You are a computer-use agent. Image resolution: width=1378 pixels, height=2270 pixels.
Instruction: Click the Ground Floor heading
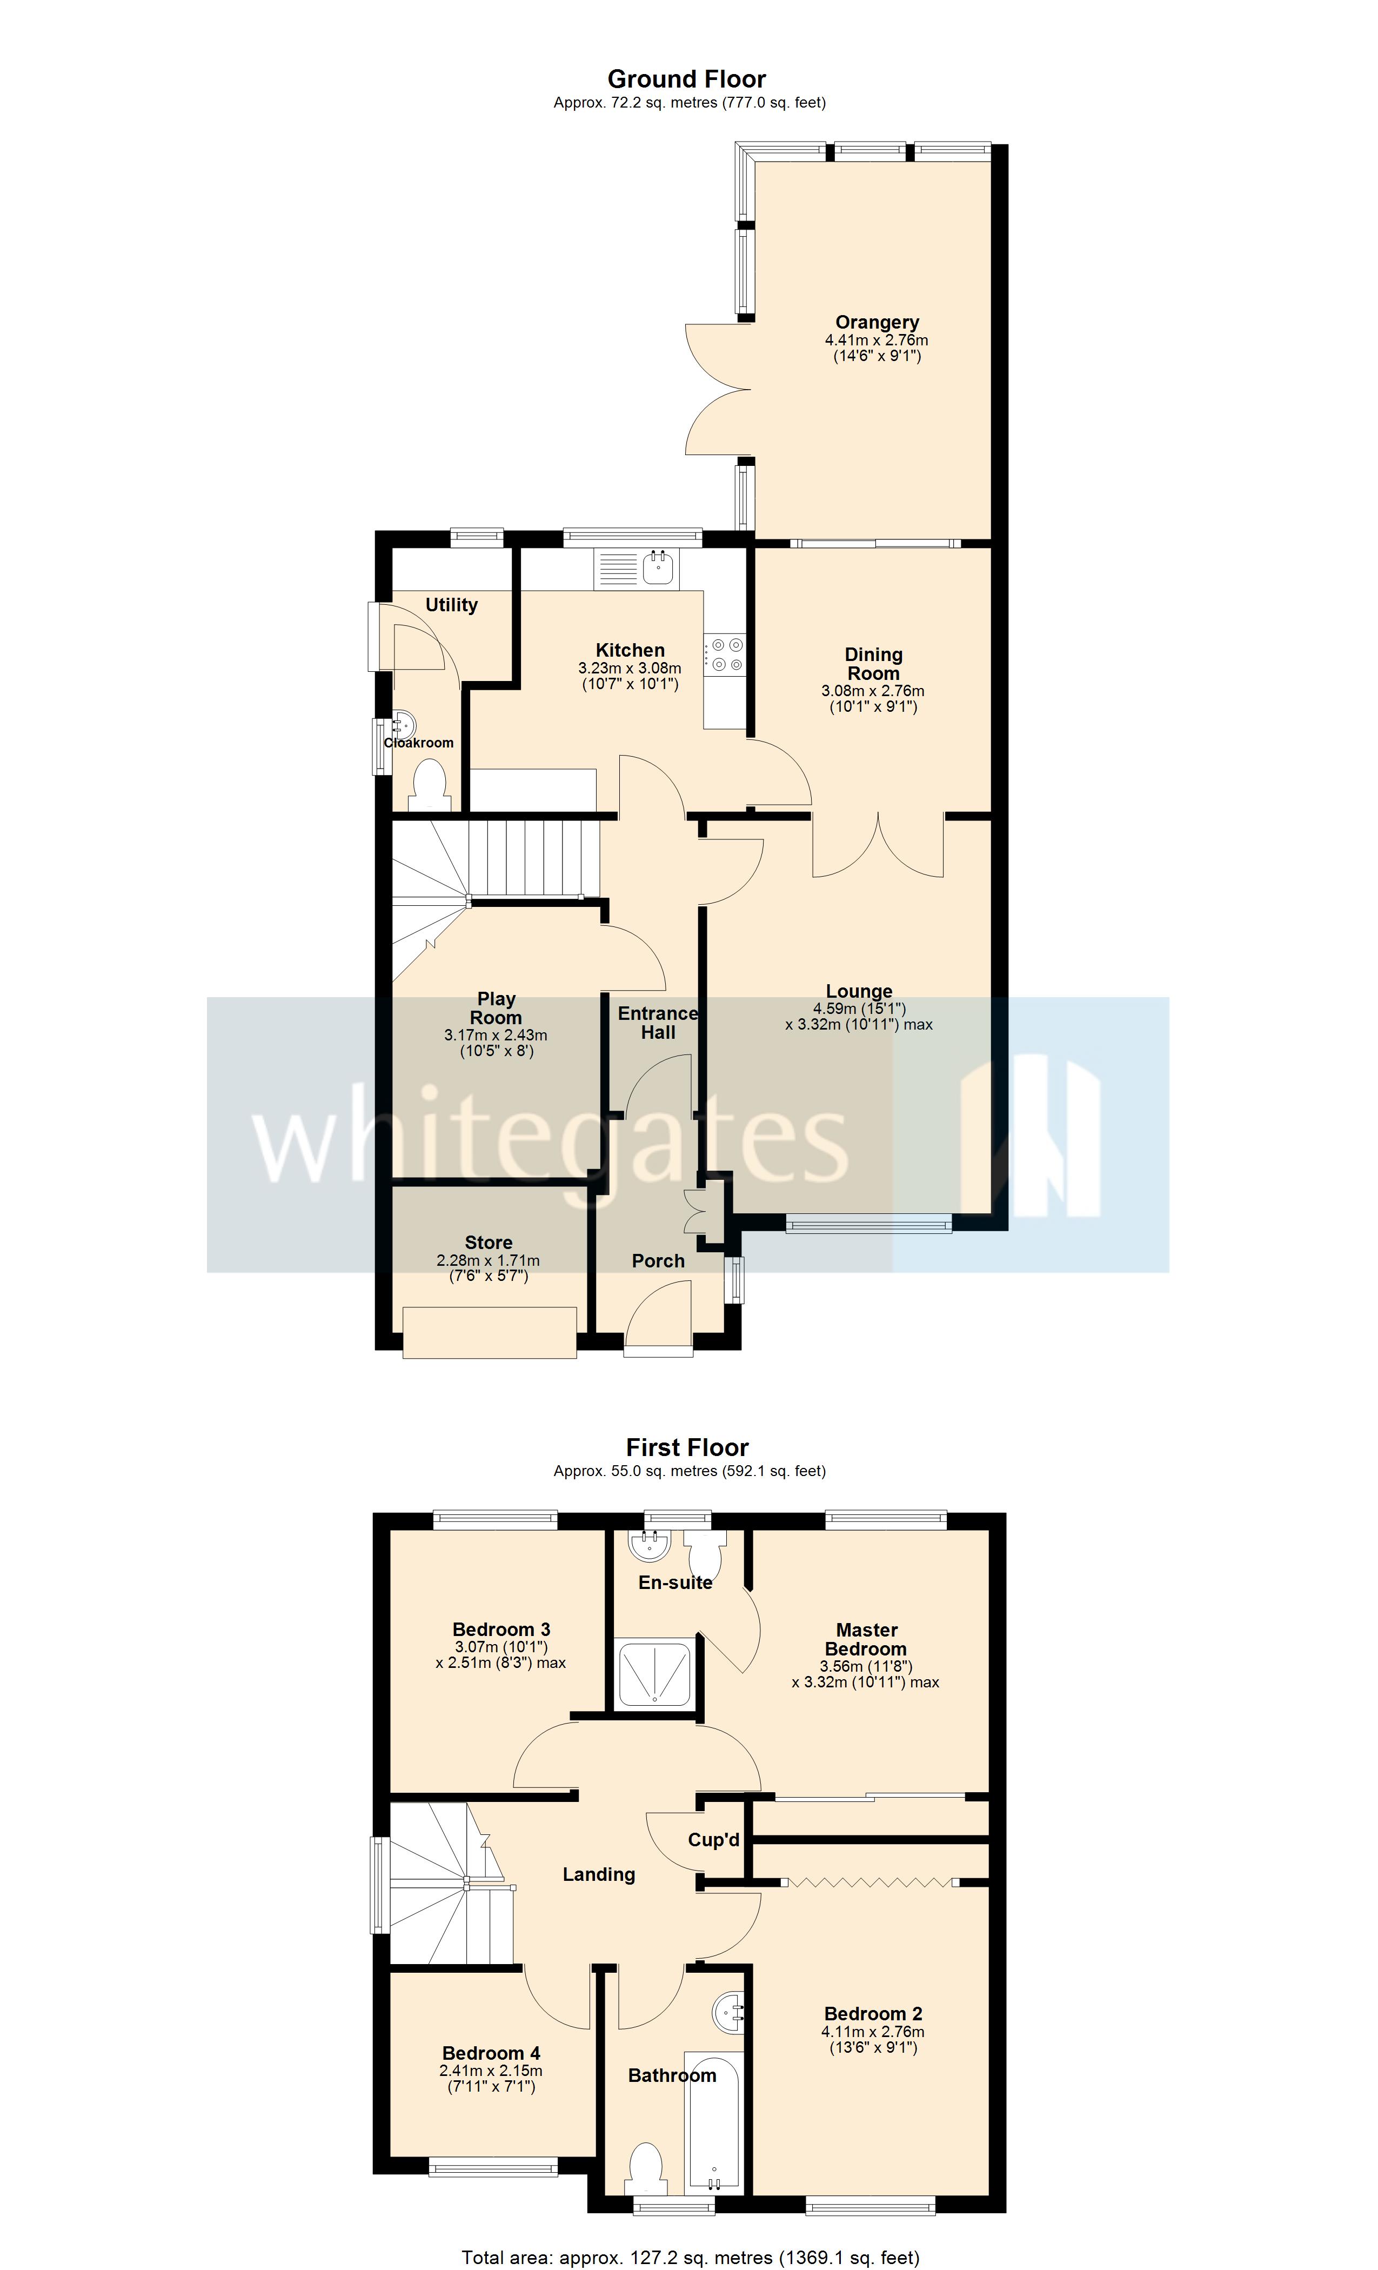686,79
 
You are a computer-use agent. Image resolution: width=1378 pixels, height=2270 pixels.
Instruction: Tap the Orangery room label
876,323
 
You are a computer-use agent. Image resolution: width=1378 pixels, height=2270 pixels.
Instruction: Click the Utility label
451,605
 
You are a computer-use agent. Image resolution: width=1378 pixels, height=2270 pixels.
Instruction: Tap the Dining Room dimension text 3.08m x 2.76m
872,691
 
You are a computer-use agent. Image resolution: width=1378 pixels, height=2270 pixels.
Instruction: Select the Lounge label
859,991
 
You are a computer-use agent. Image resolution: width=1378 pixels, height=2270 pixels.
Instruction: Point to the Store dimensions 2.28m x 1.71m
488,1260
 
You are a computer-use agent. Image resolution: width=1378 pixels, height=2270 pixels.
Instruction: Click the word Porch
658,1261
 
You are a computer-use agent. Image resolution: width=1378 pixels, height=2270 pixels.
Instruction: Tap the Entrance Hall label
658,1023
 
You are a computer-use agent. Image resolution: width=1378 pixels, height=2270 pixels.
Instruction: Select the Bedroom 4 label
491,2053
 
